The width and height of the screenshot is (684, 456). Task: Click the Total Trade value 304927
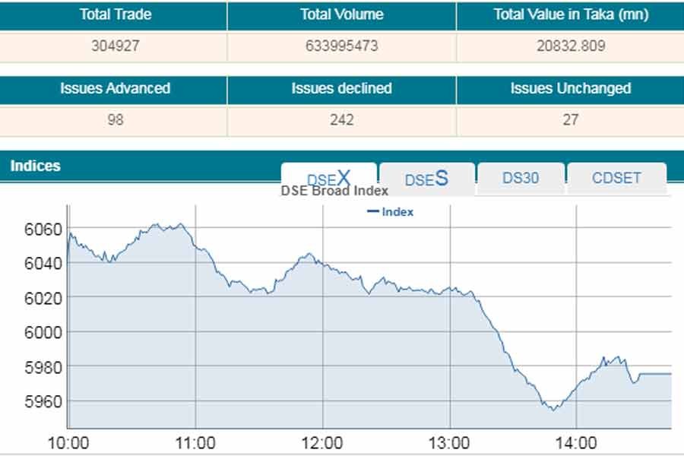tap(114, 46)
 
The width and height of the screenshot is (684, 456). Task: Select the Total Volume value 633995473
tap(341, 46)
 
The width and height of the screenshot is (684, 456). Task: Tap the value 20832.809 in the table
tap(570, 46)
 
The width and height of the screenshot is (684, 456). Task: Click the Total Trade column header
tap(114, 14)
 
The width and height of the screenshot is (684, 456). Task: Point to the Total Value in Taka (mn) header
tap(570, 14)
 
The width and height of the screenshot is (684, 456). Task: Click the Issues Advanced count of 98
tap(114, 119)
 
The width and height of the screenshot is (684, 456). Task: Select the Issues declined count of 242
tap(341, 119)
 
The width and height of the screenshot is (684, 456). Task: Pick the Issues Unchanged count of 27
tap(570, 119)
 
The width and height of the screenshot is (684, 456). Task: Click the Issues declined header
tap(341, 88)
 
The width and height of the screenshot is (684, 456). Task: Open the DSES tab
tap(426, 179)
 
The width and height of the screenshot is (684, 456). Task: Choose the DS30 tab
tap(521, 179)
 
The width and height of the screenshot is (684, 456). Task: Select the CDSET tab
tap(616, 179)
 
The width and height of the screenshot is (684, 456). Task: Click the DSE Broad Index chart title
tap(334, 191)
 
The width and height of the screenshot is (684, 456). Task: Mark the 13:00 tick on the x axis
tap(449, 443)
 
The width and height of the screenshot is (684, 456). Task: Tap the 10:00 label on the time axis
tap(68, 443)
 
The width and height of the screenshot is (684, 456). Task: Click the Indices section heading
tap(35, 166)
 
